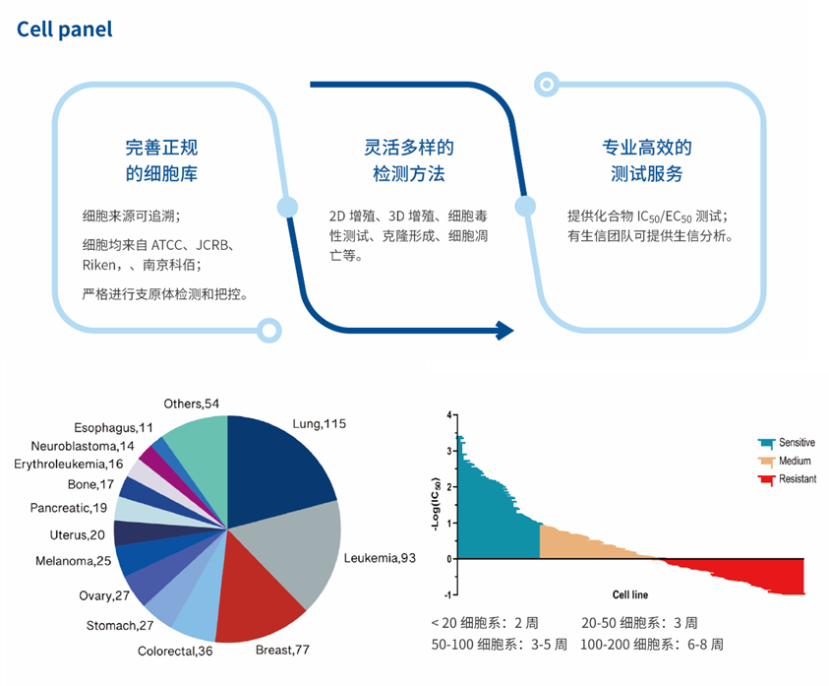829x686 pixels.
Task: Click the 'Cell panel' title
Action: pos(65,30)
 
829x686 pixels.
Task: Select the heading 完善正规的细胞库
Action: pos(161,160)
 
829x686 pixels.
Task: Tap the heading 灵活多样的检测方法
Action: pos(408,160)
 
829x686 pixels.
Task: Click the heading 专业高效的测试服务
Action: pos(646,160)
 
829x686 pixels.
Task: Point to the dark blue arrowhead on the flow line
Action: pos(504,331)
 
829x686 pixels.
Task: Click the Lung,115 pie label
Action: pos(319,424)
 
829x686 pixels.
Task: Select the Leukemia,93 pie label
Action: pos(380,558)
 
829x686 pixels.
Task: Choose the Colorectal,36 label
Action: pos(175,651)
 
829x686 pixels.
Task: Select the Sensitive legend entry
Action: pos(796,443)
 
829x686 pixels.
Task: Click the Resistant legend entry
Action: pos(796,479)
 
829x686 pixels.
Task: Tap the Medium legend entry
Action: pos(794,461)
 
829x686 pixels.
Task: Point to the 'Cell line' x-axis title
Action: pos(629,594)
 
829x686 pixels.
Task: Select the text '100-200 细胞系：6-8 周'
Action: pos(652,645)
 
